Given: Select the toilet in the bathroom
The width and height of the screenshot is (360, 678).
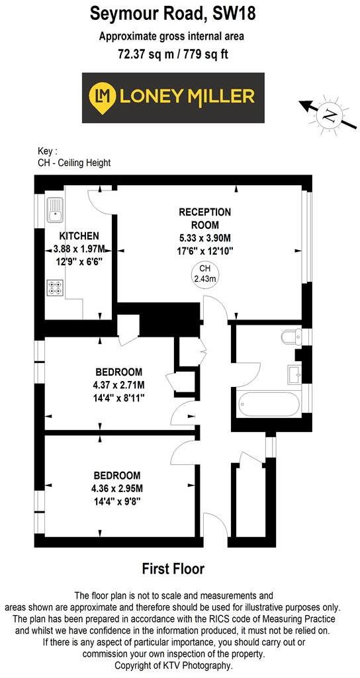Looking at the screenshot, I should point(290,338).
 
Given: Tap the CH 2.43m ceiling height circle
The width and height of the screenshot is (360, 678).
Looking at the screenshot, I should point(204,274).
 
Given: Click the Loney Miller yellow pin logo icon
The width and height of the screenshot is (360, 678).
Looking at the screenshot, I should point(103,97).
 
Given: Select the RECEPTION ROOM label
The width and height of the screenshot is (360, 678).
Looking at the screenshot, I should point(204,218).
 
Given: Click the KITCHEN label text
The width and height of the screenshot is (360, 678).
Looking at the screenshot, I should point(79,236).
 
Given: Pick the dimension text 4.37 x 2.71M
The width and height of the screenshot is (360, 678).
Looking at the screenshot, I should point(118,385).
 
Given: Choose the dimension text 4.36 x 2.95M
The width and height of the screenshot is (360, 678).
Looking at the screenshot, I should point(116,488).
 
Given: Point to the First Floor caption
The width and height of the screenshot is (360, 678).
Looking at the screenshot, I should point(173,568).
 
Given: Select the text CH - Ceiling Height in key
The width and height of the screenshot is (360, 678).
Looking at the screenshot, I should point(75,163).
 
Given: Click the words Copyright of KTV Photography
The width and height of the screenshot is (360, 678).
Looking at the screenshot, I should point(173,665).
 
